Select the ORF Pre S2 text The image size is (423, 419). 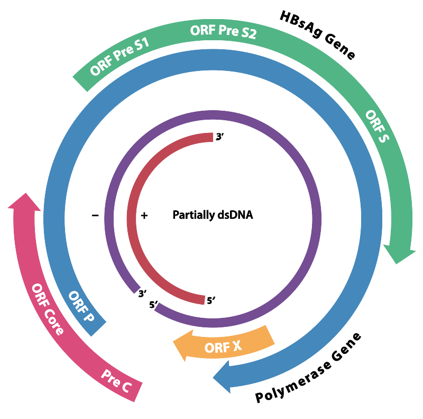223,32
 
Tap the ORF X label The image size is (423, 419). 223,347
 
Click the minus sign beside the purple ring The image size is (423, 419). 95,216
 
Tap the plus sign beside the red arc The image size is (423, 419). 144,216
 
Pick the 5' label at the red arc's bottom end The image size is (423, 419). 211,300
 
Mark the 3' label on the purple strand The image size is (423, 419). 141,292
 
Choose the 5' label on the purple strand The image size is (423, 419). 154,305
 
